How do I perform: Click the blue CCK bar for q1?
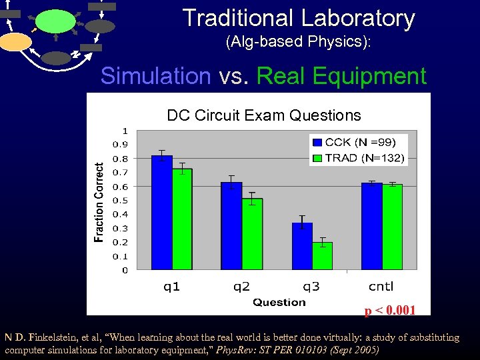(162, 213)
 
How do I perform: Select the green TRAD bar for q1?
(182, 220)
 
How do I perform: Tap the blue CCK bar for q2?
(231, 227)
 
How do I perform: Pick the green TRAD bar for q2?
(252, 235)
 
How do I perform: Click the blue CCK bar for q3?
(302, 247)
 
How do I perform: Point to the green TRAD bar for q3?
(322, 257)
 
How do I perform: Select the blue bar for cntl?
(371, 227)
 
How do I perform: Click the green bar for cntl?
(392, 227)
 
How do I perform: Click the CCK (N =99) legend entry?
(359, 142)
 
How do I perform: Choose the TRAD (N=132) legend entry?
(359, 158)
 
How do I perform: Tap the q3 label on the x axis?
(311, 287)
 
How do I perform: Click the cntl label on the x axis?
(381, 287)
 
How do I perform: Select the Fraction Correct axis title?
(99, 202)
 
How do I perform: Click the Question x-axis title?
(279, 303)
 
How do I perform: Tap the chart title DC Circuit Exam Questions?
(264, 115)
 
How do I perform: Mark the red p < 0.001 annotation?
(389, 310)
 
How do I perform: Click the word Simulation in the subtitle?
(155, 77)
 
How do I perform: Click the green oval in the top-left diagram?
(55, 21)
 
